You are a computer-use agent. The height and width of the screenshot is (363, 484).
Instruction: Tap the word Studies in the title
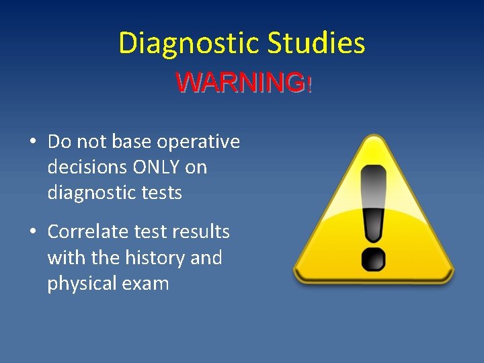coord(316,44)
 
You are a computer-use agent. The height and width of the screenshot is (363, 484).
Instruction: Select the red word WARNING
coord(239,83)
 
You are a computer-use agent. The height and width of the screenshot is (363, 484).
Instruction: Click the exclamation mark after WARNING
coord(309,85)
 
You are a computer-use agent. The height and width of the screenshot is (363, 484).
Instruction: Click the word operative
coord(198,143)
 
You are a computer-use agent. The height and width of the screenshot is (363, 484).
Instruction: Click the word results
coord(200,232)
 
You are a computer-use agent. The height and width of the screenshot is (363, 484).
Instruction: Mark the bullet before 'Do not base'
coord(32,143)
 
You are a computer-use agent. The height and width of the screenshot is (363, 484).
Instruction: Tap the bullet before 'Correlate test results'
coord(32,233)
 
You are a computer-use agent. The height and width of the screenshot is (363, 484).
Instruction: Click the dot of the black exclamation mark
coord(373,259)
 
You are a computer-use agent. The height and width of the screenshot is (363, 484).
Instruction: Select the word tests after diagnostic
coord(161,194)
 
